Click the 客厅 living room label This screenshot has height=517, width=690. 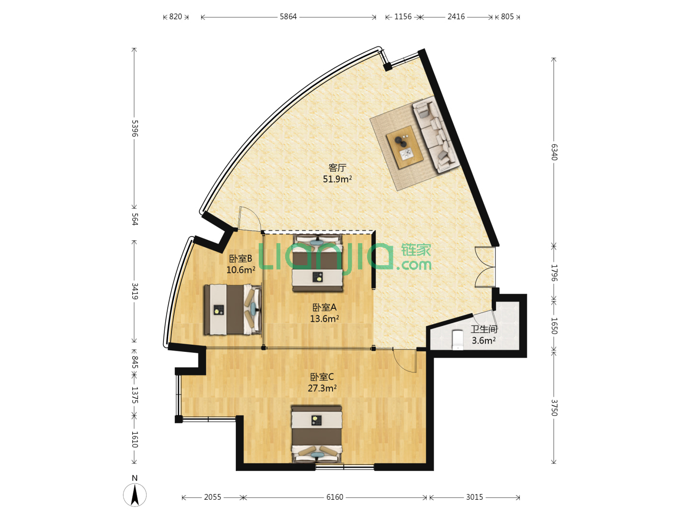(x=337, y=168)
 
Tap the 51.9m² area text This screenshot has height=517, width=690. (x=337, y=179)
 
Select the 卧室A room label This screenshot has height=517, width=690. (x=324, y=307)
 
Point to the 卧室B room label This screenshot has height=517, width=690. (x=241, y=258)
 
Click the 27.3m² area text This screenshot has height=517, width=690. (x=322, y=388)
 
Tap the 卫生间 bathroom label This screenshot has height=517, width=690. (x=483, y=329)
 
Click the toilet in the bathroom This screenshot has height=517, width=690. (x=458, y=339)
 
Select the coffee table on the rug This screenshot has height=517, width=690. (x=404, y=147)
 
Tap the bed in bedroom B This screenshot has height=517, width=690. (x=232, y=310)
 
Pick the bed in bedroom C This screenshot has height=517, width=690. (x=316, y=434)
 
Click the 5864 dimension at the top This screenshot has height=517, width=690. (x=288, y=17)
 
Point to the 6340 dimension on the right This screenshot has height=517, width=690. (x=554, y=152)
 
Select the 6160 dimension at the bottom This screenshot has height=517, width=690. (x=334, y=497)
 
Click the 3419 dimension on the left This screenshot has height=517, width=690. (x=135, y=291)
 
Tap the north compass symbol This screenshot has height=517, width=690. (x=135, y=495)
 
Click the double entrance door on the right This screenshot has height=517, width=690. (x=485, y=267)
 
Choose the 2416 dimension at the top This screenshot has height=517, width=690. (x=456, y=17)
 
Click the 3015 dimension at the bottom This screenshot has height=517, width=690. (x=474, y=497)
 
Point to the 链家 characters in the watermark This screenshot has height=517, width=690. (x=416, y=250)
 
